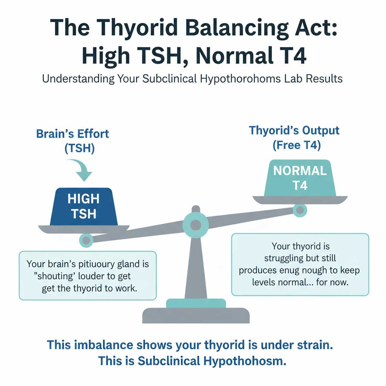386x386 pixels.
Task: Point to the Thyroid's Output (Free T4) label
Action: click(x=294, y=138)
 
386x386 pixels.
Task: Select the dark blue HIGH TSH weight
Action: click(x=83, y=206)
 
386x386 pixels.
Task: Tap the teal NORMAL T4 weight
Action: click(x=300, y=178)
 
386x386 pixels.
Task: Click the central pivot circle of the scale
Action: click(x=195, y=225)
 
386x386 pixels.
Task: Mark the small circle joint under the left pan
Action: click(x=86, y=240)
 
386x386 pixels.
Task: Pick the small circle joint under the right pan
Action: click(x=300, y=210)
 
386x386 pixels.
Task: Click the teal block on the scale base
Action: click(x=196, y=303)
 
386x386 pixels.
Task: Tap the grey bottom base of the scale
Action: click(x=196, y=316)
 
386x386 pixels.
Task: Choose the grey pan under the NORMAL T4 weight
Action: click(x=300, y=200)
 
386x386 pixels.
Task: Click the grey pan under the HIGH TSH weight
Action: click(x=83, y=229)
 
